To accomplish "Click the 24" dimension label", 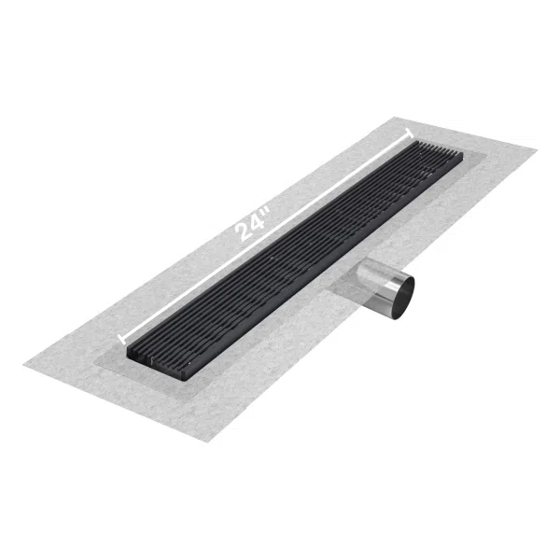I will point(254,223).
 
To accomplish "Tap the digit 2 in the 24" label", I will point(244,231).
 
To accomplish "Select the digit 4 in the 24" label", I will point(258,220).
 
